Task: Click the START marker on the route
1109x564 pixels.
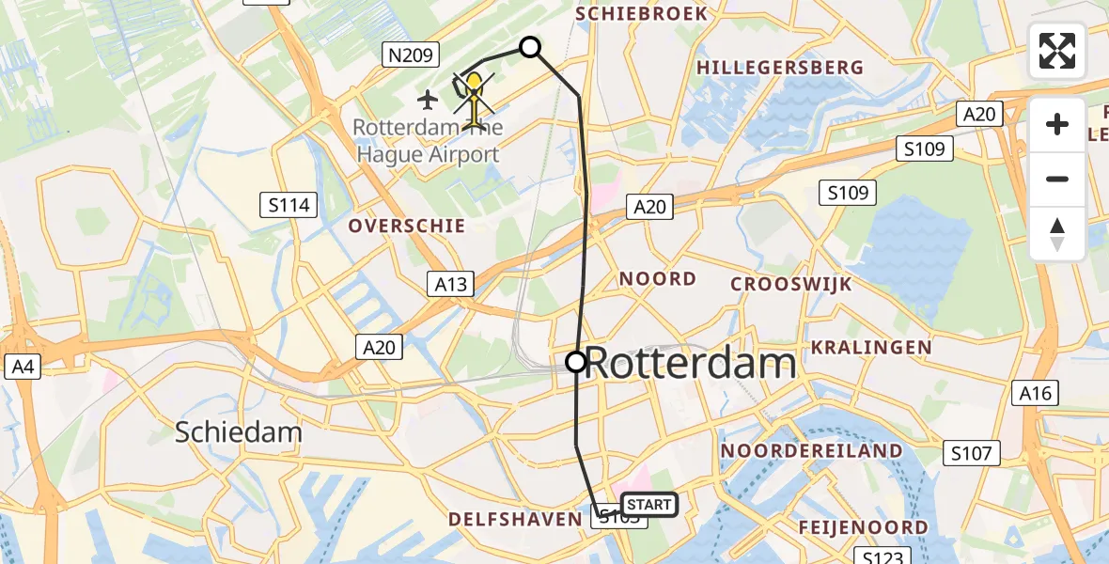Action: pyautogui.click(x=648, y=505)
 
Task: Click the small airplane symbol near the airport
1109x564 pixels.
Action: pyautogui.click(x=429, y=98)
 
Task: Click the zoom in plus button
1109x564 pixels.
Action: pyautogui.click(x=1057, y=124)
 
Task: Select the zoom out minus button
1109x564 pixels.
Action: pyautogui.click(x=1057, y=179)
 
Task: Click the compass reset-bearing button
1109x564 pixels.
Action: pyautogui.click(x=1057, y=233)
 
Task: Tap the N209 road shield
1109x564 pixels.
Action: pyautogui.click(x=412, y=55)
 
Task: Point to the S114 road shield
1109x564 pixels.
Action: pyautogui.click(x=289, y=204)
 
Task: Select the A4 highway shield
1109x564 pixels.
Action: pyautogui.click(x=22, y=367)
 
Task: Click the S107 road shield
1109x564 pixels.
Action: pyautogui.click(x=970, y=454)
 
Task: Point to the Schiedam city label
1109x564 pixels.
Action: pyautogui.click(x=239, y=432)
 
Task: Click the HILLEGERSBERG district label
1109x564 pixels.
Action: pyautogui.click(x=779, y=68)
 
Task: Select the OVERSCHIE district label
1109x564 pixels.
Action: pyautogui.click(x=406, y=226)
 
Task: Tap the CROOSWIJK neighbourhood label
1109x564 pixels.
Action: pyautogui.click(x=790, y=284)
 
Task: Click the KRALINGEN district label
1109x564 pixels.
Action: pyautogui.click(x=871, y=348)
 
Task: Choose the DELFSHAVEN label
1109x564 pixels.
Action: pyautogui.click(x=515, y=519)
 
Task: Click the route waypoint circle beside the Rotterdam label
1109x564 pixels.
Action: pyautogui.click(x=576, y=361)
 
